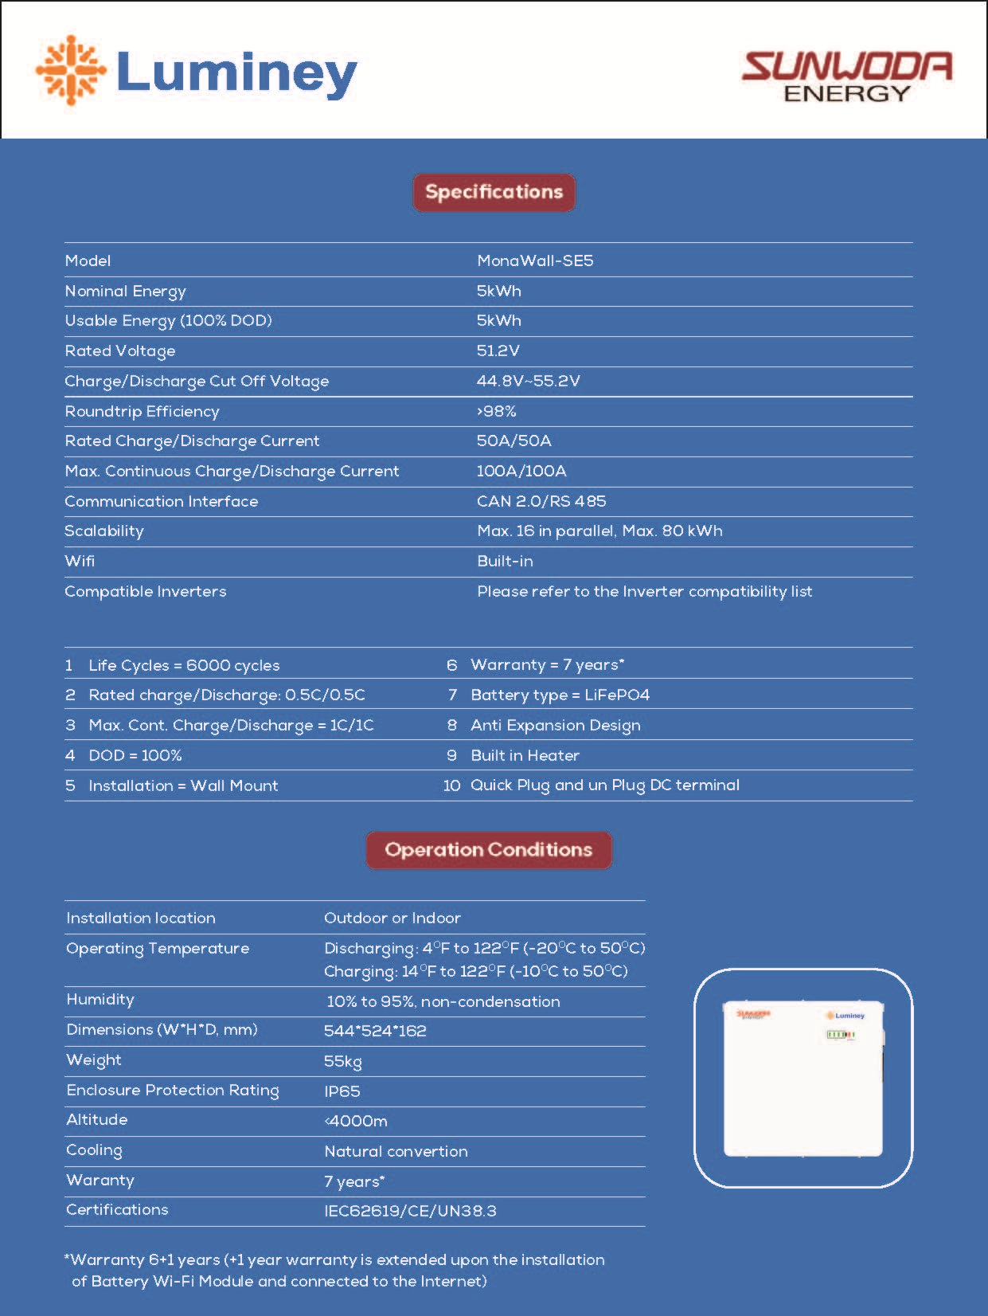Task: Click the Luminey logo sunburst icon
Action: coord(71,70)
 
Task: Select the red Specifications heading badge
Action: coord(494,192)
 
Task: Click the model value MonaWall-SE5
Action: coord(535,260)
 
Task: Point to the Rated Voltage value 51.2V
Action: coord(498,351)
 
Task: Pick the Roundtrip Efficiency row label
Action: coord(142,411)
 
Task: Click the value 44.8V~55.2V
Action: coord(528,381)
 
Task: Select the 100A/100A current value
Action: coord(521,471)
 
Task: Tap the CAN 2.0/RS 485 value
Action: coord(541,501)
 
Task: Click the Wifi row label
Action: coord(80,561)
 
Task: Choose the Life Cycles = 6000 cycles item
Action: coord(184,665)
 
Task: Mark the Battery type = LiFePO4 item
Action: coord(560,695)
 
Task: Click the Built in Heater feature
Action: coord(525,755)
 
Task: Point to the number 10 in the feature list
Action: coord(451,785)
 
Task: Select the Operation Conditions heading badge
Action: coord(489,850)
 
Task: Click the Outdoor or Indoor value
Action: coord(392,918)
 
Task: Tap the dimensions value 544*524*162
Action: coord(375,1031)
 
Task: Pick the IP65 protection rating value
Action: coord(342,1091)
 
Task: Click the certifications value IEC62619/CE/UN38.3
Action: coord(410,1211)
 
